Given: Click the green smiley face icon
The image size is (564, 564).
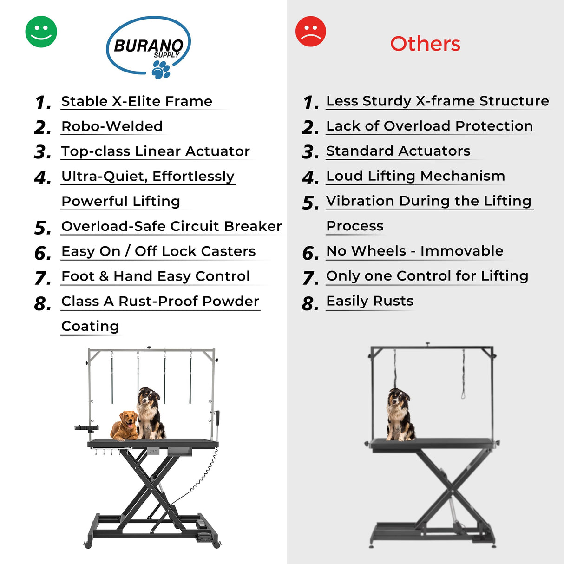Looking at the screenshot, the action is coord(41,32).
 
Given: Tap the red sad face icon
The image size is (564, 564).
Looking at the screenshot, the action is coord(310,31).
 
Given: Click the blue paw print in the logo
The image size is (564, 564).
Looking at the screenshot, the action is coord(161,70).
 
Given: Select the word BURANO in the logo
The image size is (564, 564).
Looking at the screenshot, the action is coord(149,46).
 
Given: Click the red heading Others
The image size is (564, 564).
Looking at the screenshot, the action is coord(425,44).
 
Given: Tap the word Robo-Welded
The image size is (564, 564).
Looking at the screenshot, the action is coord(112,126).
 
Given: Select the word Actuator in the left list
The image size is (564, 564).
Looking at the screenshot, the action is coord(217,151).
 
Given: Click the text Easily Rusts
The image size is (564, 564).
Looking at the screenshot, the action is coord(370,301).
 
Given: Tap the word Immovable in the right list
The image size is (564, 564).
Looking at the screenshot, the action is coord(462,251).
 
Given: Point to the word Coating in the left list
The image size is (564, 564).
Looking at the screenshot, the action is coord(90,326).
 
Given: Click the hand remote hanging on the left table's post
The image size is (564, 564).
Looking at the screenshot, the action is coord(217,418).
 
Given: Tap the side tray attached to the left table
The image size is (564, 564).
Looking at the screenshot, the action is coord(86,428).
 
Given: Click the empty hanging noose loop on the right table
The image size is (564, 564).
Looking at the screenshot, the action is coord(463,374).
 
